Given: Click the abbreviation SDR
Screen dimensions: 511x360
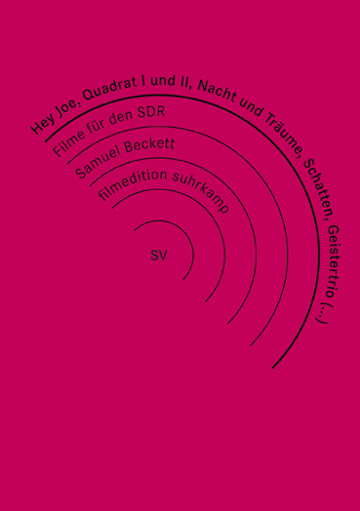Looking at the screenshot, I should (145, 115).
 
